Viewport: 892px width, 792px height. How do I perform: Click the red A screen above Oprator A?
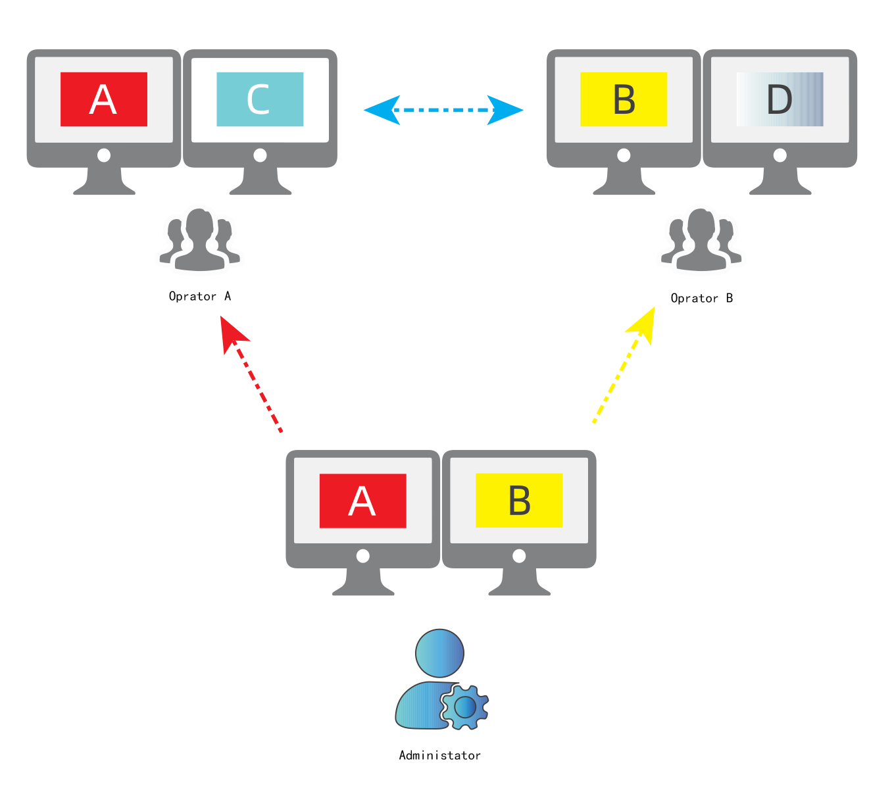pyautogui.click(x=103, y=99)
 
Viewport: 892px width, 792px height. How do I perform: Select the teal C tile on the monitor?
pyautogui.click(x=260, y=99)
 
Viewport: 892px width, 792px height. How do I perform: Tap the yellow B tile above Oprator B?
pyautogui.click(x=624, y=99)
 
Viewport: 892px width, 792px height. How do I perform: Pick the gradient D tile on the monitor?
pyautogui.click(x=780, y=99)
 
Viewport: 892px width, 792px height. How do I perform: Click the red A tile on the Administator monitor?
pyautogui.click(x=363, y=501)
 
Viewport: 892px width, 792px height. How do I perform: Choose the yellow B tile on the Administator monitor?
pyautogui.click(x=519, y=500)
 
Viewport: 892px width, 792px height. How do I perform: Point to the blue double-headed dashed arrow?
pyautogui.click(x=443, y=110)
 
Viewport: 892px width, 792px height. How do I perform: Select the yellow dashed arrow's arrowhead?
pyautogui.click(x=643, y=326)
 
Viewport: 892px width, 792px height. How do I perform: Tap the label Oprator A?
pyautogui.click(x=200, y=296)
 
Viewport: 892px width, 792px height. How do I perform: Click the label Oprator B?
pyautogui.click(x=702, y=298)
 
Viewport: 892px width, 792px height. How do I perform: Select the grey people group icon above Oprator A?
pyautogui.click(x=200, y=239)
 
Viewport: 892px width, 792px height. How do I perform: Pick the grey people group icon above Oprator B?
pyautogui.click(x=701, y=239)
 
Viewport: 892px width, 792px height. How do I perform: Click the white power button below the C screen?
pyautogui.click(x=260, y=155)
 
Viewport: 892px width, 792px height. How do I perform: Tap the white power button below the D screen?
pyautogui.click(x=780, y=155)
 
